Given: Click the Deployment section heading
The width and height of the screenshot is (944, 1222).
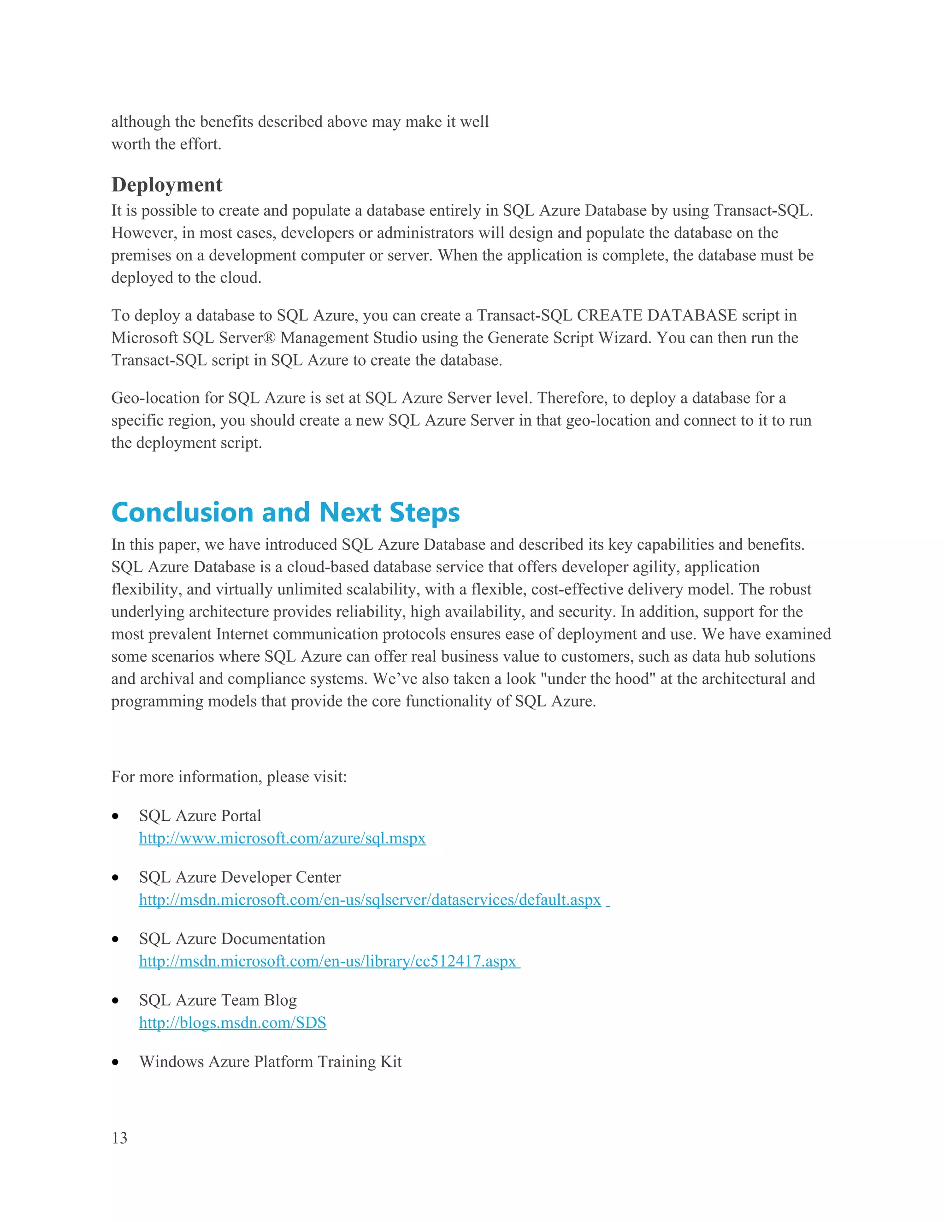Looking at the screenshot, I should pos(167,184).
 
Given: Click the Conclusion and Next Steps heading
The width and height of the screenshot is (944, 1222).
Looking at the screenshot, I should pos(285,512).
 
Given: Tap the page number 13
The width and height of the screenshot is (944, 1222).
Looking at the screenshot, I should pos(120,1138).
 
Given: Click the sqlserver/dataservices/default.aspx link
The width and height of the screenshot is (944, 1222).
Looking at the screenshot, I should pos(370,900).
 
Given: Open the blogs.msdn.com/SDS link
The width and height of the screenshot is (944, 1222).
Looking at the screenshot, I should pos(233,1023).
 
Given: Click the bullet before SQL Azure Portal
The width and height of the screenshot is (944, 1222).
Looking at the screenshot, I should pos(115,816).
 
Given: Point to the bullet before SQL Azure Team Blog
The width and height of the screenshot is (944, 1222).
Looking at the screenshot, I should pos(115,1001).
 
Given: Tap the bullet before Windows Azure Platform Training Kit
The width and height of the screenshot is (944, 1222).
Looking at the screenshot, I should pos(115,1062).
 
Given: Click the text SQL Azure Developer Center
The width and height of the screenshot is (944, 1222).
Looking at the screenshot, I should pos(240,878).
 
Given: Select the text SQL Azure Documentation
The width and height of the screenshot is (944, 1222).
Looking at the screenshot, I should pos(232,939).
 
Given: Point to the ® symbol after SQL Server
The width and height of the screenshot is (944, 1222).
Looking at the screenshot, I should pos(270,338).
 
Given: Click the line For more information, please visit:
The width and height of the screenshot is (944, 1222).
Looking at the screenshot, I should pos(229,777).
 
